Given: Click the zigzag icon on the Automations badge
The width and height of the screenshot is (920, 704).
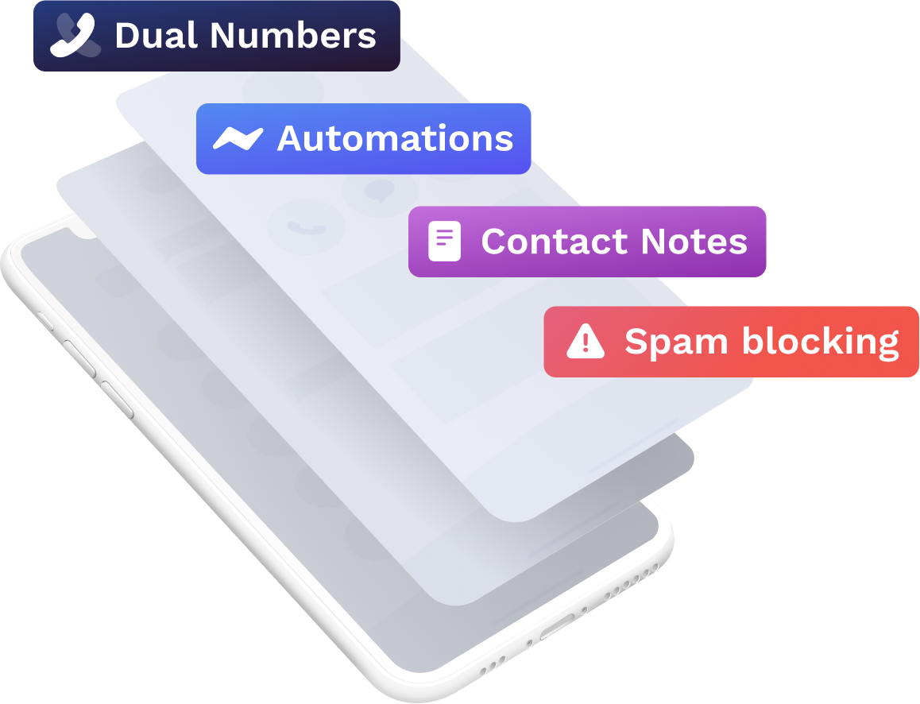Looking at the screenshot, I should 238,139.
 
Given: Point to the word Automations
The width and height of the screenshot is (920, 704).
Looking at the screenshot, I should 395,139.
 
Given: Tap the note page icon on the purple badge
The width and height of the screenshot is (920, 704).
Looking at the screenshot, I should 444,242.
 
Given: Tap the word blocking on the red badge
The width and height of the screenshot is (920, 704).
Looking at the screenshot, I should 820,342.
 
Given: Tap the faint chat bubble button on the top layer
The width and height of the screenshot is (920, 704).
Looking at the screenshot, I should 380,191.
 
